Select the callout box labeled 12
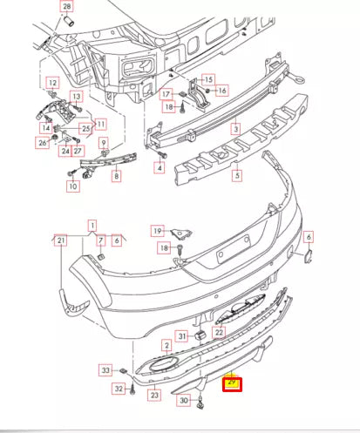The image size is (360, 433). point(51,83)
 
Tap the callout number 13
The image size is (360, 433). point(76,96)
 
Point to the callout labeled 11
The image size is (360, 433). point(100,123)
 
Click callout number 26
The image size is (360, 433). point(43,142)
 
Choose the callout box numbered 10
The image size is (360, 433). point(73,186)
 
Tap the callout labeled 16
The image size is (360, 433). point(221,90)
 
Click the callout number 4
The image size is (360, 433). point(160,166)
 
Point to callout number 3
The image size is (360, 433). point(235,128)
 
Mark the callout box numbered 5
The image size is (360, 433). point(235,175)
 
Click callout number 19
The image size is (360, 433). point(157,231)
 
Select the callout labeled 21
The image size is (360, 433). point(60,240)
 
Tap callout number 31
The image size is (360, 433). point(181,336)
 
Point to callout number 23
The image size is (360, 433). point(154,396)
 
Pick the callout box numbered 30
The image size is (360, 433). point(183,401)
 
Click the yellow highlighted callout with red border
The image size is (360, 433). point(232,382)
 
